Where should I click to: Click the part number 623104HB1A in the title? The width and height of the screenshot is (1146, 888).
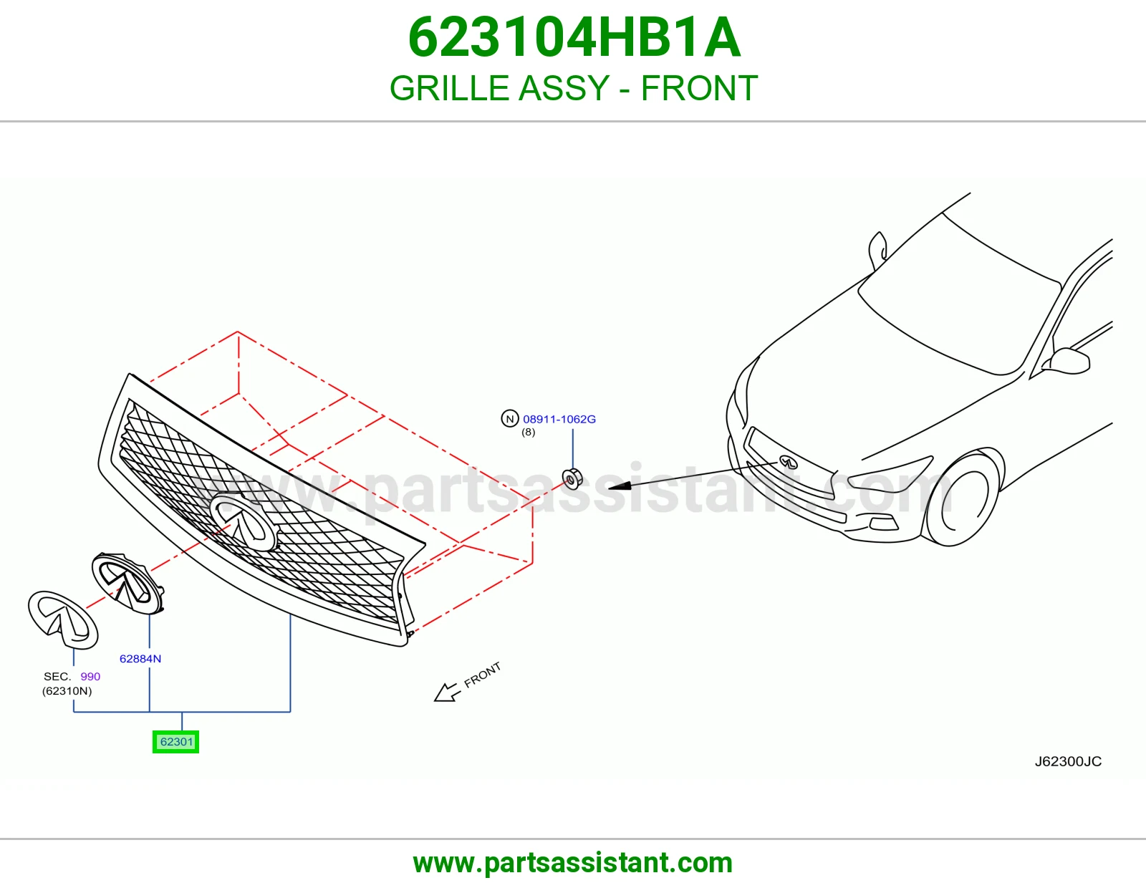pos(574,37)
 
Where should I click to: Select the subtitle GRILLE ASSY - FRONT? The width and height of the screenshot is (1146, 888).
pos(574,88)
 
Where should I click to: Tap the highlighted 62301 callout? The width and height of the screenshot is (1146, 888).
pos(175,742)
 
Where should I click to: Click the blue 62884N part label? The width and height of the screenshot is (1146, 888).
pos(140,659)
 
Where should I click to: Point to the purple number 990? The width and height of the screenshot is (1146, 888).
pos(90,677)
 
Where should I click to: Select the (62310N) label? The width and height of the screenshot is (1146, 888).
pos(67,691)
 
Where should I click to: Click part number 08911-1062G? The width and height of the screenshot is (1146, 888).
pos(559,419)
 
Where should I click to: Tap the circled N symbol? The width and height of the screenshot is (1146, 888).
pos(509,419)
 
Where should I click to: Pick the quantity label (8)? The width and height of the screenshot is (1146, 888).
pos(528,433)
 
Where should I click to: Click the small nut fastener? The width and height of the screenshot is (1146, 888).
pos(572,479)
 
